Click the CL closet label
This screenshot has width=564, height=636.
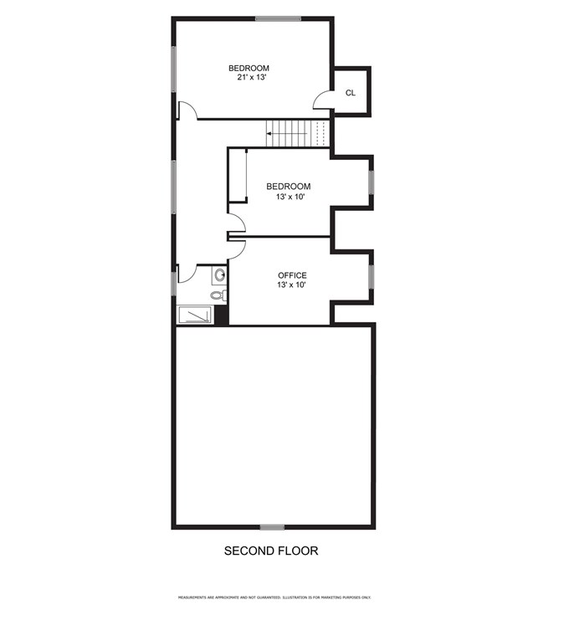(x=351, y=93)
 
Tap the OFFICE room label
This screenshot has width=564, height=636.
(x=292, y=275)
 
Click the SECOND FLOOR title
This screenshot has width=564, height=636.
(x=271, y=551)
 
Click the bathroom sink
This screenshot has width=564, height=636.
(x=219, y=274)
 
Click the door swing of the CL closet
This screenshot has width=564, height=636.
(x=322, y=100)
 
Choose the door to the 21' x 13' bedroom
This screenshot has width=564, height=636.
(x=187, y=110)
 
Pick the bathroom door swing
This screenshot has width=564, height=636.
(x=186, y=274)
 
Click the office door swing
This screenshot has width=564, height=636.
(x=236, y=249)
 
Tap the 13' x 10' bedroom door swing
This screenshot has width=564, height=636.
(x=236, y=222)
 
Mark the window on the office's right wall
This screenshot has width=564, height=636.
(x=372, y=275)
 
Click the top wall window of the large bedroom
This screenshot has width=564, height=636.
(x=278, y=18)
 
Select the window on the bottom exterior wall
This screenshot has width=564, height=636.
(x=272, y=526)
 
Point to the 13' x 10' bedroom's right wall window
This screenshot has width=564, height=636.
(x=372, y=181)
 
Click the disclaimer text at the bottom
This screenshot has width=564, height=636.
(x=274, y=598)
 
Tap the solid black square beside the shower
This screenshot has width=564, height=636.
(x=222, y=315)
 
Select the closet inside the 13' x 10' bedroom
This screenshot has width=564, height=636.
(x=238, y=175)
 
